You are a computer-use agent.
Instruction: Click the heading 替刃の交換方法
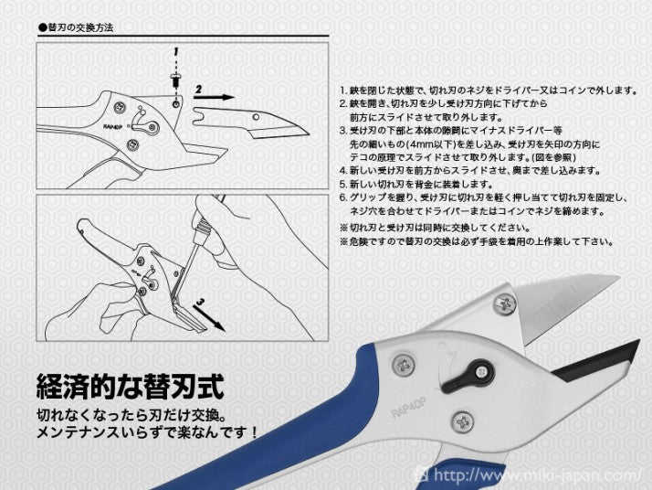pyautogui.click(x=76, y=28)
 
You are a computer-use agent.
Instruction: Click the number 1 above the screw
pyautogui.click(x=176, y=52)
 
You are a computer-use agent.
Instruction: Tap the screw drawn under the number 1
pyautogui.click(x=175, y=80)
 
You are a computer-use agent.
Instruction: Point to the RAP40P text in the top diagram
pyautogui.click(x=112, y=124)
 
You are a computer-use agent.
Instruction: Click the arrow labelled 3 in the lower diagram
pyautogui.click(x=209, y=317)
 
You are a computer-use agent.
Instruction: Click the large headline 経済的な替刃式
pyautogui.click(x=131, y=387)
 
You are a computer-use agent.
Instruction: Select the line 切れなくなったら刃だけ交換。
pyautogui.click(x=131, y=415)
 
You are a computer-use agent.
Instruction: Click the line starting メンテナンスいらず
pyautogui.click(x=147, y=432)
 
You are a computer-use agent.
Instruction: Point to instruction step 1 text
pyautogui.click(x=489, y=91)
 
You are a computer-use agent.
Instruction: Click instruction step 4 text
pyautogui.click(x=470, y=171)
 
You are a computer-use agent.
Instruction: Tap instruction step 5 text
pyautogui.click(x=416, y=184)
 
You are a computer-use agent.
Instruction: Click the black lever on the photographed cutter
pyautogui.click(x=468, y=375)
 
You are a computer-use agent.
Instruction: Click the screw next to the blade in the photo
pyautogui.click(x=505, y=304)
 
